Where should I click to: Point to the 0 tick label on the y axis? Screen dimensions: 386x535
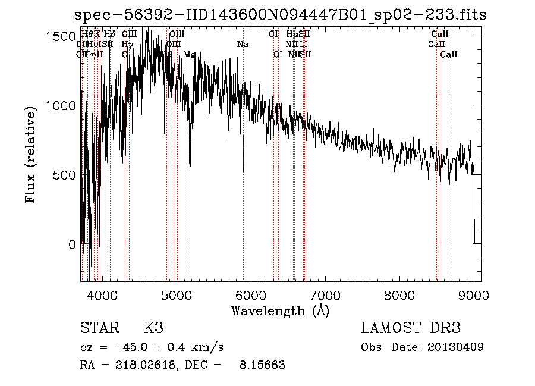coord(72,244)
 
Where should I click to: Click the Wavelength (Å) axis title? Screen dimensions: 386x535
coord(280,310)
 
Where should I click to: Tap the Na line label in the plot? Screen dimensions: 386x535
coord(243,45)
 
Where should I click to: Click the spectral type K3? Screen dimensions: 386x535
coord(153,328)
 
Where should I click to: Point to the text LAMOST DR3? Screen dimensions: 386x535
coord(411,328)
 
